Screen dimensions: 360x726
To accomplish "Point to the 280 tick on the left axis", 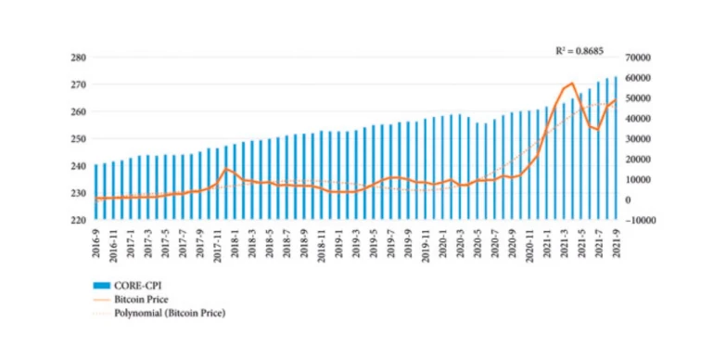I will pyautogui.click(x=77, y=58).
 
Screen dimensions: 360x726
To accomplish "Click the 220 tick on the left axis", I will pyautogui.click(x=77, y=221).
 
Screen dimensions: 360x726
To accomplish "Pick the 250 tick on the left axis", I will pyautogui.click(x=77, y=139).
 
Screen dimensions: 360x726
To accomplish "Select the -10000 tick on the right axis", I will pyautogui.click(x=643, y=221).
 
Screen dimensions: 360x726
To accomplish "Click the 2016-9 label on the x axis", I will pyautogui.click(x=96, y=243).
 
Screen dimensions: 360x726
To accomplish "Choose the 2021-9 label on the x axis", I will pyautogui.click(x=615, y=243).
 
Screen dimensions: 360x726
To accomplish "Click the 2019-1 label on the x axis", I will pyautogui.click(x=338, y=243).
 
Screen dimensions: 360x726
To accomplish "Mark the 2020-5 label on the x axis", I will pyautogui.click(x=477, y=243).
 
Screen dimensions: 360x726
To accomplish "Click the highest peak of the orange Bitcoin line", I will pyautogui.click(x=572, y=84).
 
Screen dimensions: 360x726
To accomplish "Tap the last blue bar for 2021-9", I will pyautogui.click(x=615, y=148).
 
